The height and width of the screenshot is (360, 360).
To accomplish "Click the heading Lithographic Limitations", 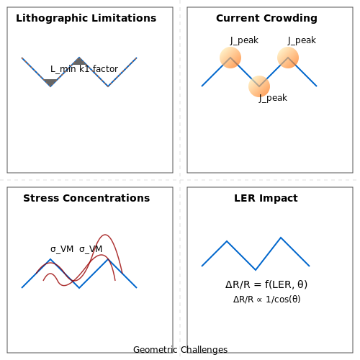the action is [86, 19].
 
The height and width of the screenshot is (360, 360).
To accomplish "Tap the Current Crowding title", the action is [266, 19].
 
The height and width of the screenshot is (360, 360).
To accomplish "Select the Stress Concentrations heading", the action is [86, 198].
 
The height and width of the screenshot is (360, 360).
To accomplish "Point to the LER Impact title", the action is [266, 198].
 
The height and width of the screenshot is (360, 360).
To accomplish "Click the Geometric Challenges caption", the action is [180, 350].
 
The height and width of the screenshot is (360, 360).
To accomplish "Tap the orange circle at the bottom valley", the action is [259, 86].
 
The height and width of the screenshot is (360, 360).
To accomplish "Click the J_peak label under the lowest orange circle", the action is [273, 98].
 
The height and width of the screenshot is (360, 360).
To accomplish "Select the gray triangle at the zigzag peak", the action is [79, 61].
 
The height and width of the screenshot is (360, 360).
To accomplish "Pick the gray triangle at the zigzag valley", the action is [50, 83].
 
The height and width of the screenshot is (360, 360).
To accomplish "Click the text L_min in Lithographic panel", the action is [63, 69].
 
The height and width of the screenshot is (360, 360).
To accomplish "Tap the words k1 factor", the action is [99, 69].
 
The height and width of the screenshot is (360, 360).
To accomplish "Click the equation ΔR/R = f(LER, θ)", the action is [266, 284].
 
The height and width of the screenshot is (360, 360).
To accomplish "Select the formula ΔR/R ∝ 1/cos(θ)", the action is [267, 300].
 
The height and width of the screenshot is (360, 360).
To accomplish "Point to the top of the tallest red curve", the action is [105, 235].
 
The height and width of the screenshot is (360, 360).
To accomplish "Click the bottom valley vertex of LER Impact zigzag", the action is [256, 270].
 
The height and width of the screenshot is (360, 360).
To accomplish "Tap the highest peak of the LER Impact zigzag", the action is [281, 238].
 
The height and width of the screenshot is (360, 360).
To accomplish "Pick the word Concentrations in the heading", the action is [107, 198].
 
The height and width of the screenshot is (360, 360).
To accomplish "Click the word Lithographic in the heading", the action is [52, 19].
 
